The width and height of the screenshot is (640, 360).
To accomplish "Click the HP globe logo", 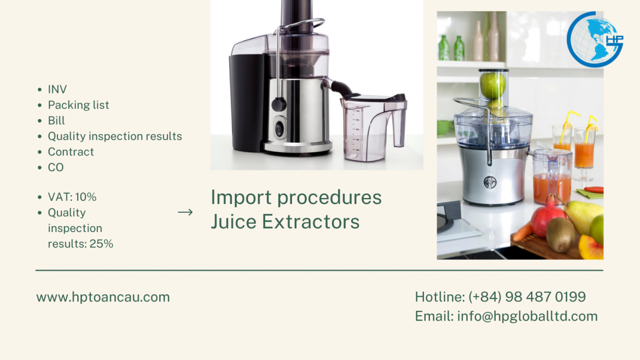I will [x=595, y=39].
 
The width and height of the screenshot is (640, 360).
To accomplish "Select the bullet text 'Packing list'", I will [x=78, y=105].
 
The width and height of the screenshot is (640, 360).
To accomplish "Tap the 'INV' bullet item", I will [x=57, y=89].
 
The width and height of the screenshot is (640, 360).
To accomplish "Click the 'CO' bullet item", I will [x=56, y=167].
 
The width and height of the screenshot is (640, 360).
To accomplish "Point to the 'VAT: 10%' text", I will [x=72, y=197].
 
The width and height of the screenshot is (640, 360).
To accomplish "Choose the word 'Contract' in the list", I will [x=71, y=152].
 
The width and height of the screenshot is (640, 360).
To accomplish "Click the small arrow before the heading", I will [x=185, y=212].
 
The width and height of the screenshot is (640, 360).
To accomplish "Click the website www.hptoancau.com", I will [x=103, y=297].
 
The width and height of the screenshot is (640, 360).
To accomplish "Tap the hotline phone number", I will [x=527, y=297].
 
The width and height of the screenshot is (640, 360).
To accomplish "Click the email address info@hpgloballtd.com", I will [x=527, y=316].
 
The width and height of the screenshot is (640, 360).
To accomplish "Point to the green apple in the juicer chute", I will [x=492, y=85].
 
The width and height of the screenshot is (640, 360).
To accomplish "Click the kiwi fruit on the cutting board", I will [x=561, y=234].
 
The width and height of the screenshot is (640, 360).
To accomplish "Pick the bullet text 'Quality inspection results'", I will [x=115, y=136].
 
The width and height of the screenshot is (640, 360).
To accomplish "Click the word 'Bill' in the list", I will [x=56, y=120].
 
